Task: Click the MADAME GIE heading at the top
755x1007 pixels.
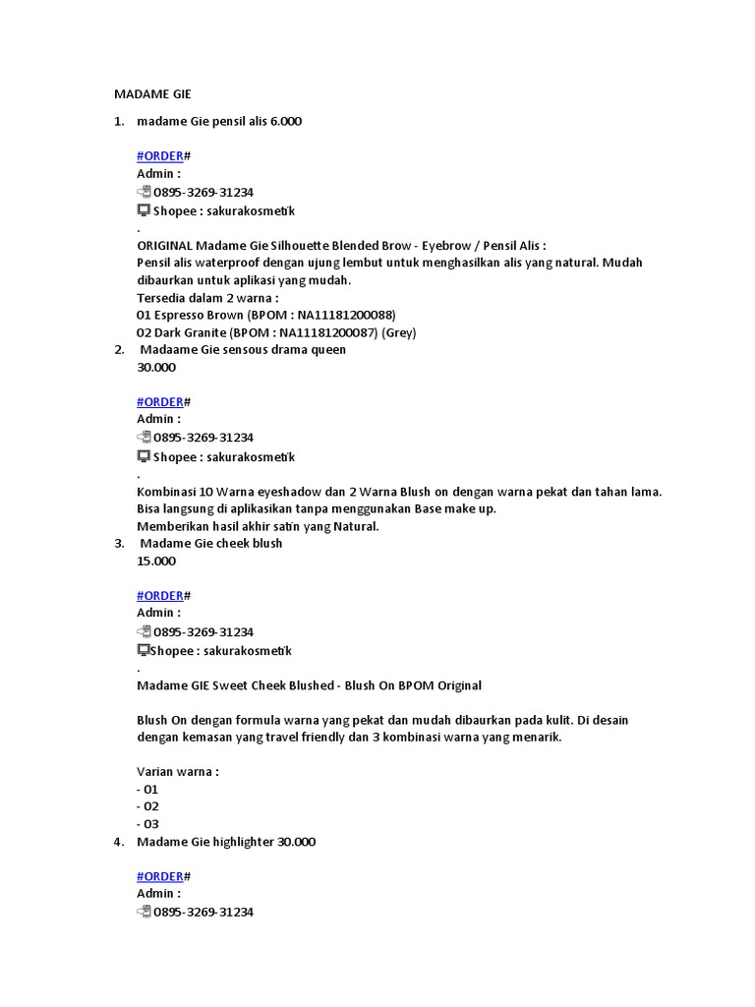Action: coord(152,94)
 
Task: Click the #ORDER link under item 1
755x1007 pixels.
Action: coord(160,156)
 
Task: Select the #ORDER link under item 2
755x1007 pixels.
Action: coord(160,401)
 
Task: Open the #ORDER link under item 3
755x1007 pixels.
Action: coord(160,595)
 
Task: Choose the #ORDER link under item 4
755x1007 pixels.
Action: coord(160,876)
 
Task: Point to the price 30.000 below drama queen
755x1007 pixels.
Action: coord(157,368)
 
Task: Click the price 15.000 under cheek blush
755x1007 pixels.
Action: coord(157,562)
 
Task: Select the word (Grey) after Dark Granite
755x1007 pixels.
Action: coord(399,332)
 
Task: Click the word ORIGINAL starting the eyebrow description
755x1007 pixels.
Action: coord(164,245)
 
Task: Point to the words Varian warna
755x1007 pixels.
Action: coord(177,772)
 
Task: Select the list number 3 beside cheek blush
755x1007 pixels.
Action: coord(118,544)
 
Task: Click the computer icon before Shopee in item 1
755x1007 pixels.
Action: coord(144,210)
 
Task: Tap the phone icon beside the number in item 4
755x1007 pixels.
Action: coord(144,912)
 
